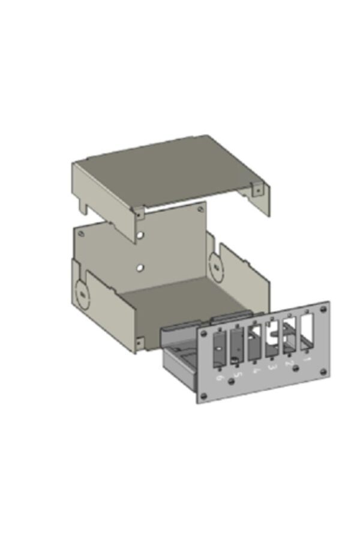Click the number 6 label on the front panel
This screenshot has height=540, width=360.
[x=220, y=378]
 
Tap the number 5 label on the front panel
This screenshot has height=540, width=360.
[x=237, y=375]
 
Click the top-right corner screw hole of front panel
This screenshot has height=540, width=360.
[x=323, y=309]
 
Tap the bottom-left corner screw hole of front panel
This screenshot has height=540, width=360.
[x=203, y=395]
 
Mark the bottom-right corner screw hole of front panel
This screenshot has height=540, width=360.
[x=324, y=373]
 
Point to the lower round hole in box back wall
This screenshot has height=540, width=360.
[x=140, y=268]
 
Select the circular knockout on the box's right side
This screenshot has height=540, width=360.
[x=215, y=264]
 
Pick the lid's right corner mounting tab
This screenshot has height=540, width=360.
[x=257, y=190]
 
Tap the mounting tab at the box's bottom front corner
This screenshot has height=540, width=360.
[x=139, y=343]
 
